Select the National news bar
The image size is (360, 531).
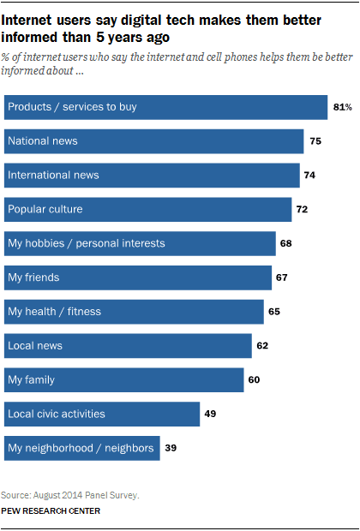click(153, 141)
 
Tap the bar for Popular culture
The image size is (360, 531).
click(147, 209)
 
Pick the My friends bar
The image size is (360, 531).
click(137, 277)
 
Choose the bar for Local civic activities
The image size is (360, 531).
click(102, 414)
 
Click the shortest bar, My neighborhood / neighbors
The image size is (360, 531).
click(82, 448)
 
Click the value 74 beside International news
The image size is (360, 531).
click(310, 176)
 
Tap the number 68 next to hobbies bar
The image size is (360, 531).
click(286, 243)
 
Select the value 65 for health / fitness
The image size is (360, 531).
click(274, 312)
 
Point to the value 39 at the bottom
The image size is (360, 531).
click(171, 448)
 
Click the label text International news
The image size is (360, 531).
click(53, 176)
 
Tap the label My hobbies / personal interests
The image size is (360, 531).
click(86, 243)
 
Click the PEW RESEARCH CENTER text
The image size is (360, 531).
click(51, 511)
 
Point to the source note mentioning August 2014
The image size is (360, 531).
click(58, 496)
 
